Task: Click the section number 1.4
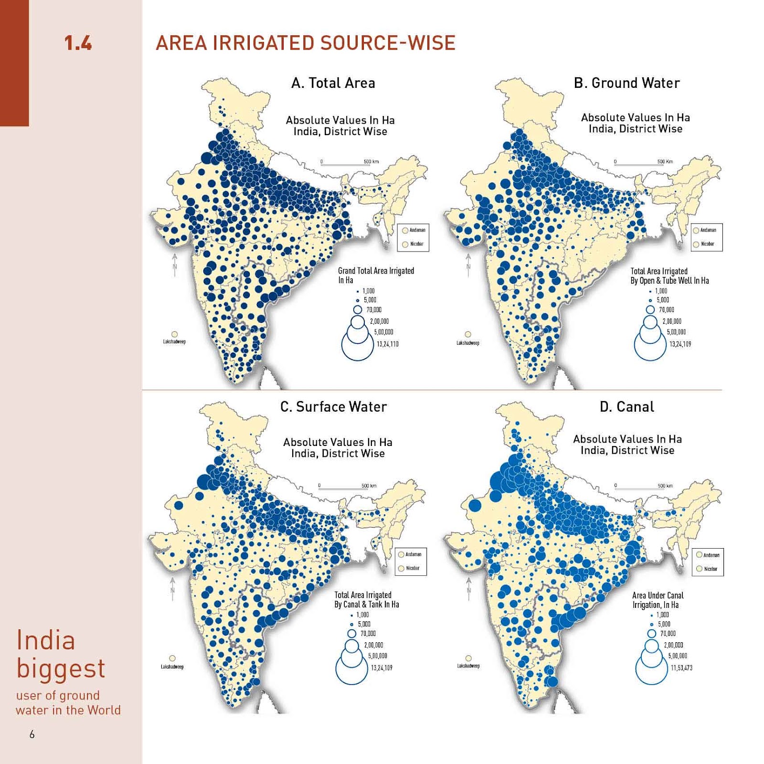pyautogui.click(x=78, y=43)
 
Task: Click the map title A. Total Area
pyautogui.click(x=333, y=83)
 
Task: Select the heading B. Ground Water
pyautogui.click(x=626, y=83)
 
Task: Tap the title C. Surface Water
pyautogui.click(x=333, y=407)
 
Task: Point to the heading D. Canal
pyautogui.click(x=626, y=407)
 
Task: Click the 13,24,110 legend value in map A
pyautogui.click(x=387, y=344)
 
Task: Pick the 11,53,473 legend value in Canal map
pyautogui.click(x=681, y=668)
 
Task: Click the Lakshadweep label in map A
pyautogui.click(x=174, y=342)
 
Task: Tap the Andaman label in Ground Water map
pyautogui.click(x=708, y=230)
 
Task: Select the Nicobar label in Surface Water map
pyautogui.click(x=413, y=568)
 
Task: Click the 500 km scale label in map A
pyautogui.click(x=371, y=161)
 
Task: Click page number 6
pyautogui.click(x=32, y=734)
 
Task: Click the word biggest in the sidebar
pyautogui.click(x=61, y=668)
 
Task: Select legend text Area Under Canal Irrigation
pyautogui.click(x=658, y=600)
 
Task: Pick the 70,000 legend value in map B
pyautogui.click(x=667, y=310)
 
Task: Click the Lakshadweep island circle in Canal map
pyautogui.click(x=468, y=658)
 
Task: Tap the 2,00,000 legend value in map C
pyautogui.click(x=373, y=645)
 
